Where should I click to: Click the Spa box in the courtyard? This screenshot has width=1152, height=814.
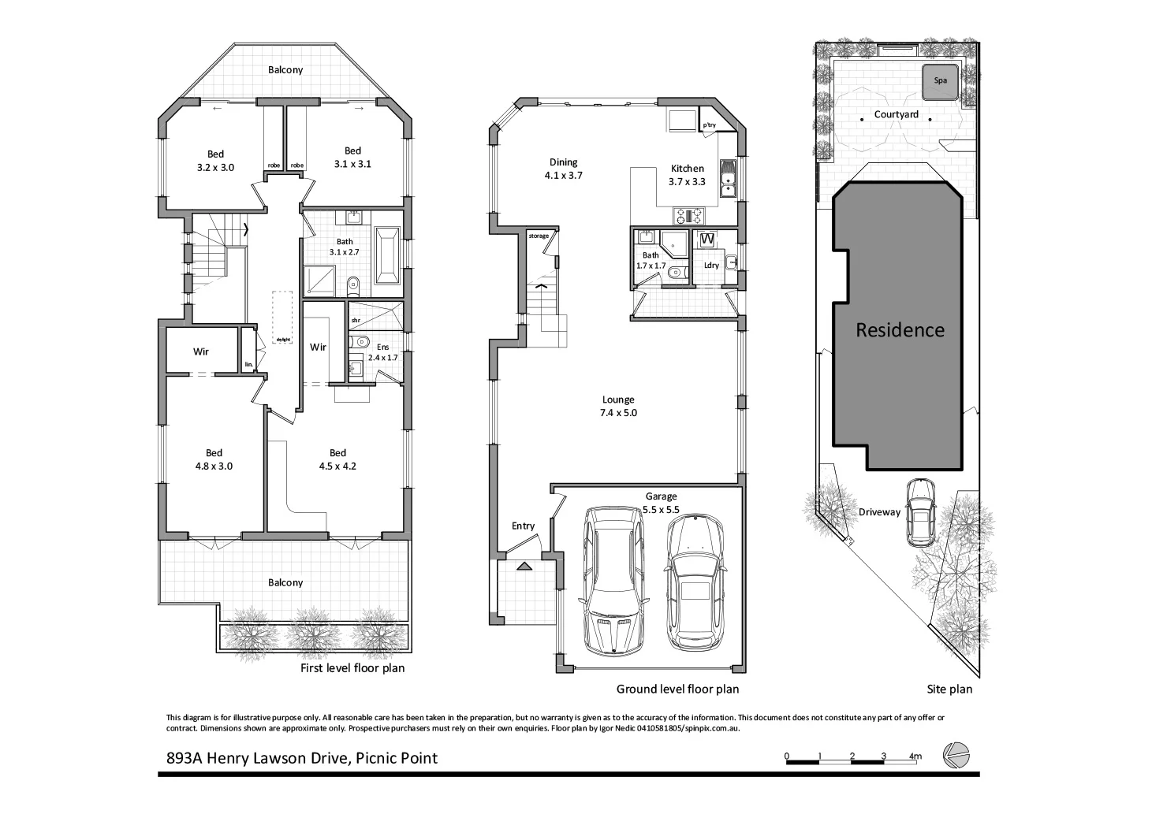tap(940, 80)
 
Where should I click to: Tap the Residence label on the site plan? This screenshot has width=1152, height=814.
tap(900, 329)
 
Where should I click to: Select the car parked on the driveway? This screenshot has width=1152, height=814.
tap(919, 512)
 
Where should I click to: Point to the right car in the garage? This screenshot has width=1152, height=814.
tap(695, 582)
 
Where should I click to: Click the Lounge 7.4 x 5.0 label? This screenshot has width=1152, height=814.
tap(618, 406)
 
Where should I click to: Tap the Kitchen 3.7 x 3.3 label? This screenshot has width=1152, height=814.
tap(687, 174)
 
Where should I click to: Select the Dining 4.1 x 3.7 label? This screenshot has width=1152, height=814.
tap(563, 169)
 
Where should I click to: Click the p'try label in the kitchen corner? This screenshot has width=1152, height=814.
tap(709, 125)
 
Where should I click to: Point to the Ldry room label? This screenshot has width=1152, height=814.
tap(711, 265)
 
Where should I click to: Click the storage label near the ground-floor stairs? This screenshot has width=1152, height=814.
tap(539, 236)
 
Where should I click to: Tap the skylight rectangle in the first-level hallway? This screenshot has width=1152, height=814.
tap(282, 317)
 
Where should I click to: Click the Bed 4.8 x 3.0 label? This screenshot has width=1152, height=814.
tap(214, 459)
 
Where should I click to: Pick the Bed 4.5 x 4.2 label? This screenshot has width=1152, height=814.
tap(337, 459)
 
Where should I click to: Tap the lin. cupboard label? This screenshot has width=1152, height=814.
tap(249, 364)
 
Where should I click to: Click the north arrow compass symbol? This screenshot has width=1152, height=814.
tap(957, 755)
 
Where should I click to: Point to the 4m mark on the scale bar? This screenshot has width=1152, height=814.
tap(915, 756)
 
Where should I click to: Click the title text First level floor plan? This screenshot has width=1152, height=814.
tap(352, 668)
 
